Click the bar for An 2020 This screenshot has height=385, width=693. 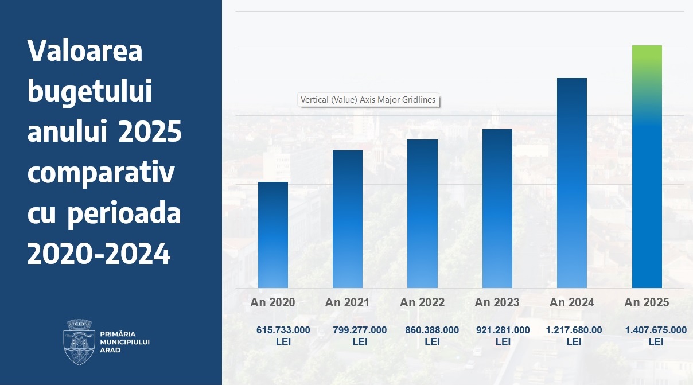tap(273, 235)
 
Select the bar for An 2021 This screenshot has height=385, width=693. tap(348, 219)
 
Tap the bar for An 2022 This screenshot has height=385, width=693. tap(422, 213)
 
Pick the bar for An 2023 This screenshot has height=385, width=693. tap(497, 208)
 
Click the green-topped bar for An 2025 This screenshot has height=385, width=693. tap(647, 166)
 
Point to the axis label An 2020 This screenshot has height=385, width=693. tap(273, 302)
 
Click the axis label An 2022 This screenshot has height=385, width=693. tap(422, 302)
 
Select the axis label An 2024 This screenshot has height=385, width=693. tap(572, 302)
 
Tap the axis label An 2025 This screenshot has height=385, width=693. tap(647, 302)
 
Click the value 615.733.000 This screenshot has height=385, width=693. tap(283, 330)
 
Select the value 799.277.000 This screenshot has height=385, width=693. tap(360, 330)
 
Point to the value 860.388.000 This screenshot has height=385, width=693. tap(432, 330)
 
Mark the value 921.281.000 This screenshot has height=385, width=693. tap(503, 330)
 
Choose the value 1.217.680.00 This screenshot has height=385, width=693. tap(574, 330)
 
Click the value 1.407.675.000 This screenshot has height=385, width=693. tap(656, 330)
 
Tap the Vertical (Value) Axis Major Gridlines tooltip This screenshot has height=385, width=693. tap(368, 100)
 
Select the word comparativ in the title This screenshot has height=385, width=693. tap(100, 173)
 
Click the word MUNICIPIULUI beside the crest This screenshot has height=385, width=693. tap(124, 342)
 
